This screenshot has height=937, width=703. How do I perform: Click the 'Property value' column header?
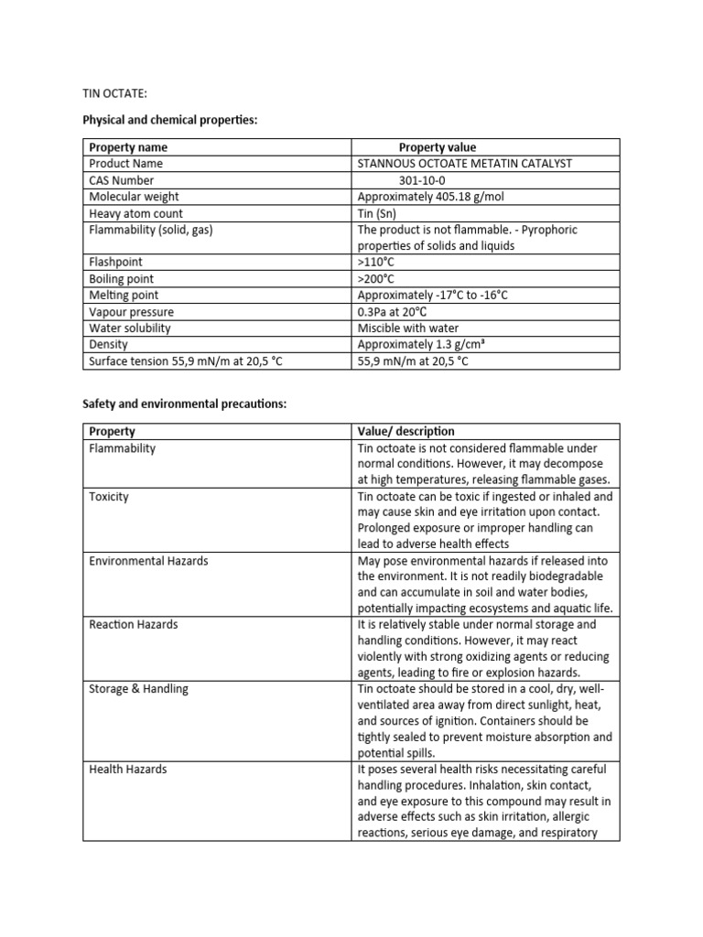pos(437,147)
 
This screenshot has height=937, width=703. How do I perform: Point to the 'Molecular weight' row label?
pos(134,197)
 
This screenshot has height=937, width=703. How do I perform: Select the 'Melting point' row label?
pos(124,296)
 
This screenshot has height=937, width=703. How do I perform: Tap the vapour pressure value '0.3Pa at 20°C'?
pos(393,312)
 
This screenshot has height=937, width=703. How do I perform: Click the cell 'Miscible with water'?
pos(408,328)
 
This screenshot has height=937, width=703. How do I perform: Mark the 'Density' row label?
pos(108,345)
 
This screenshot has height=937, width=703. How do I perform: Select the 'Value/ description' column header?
pos(406,431)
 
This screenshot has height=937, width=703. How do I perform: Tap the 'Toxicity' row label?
pos(109,497)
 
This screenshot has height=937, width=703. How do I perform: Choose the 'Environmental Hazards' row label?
pos(148,561)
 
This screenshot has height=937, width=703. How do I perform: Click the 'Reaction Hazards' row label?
pos(134,625)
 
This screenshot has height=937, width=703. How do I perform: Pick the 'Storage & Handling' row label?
pos(138,689)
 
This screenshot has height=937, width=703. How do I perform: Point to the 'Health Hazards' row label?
pos(128,770)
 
